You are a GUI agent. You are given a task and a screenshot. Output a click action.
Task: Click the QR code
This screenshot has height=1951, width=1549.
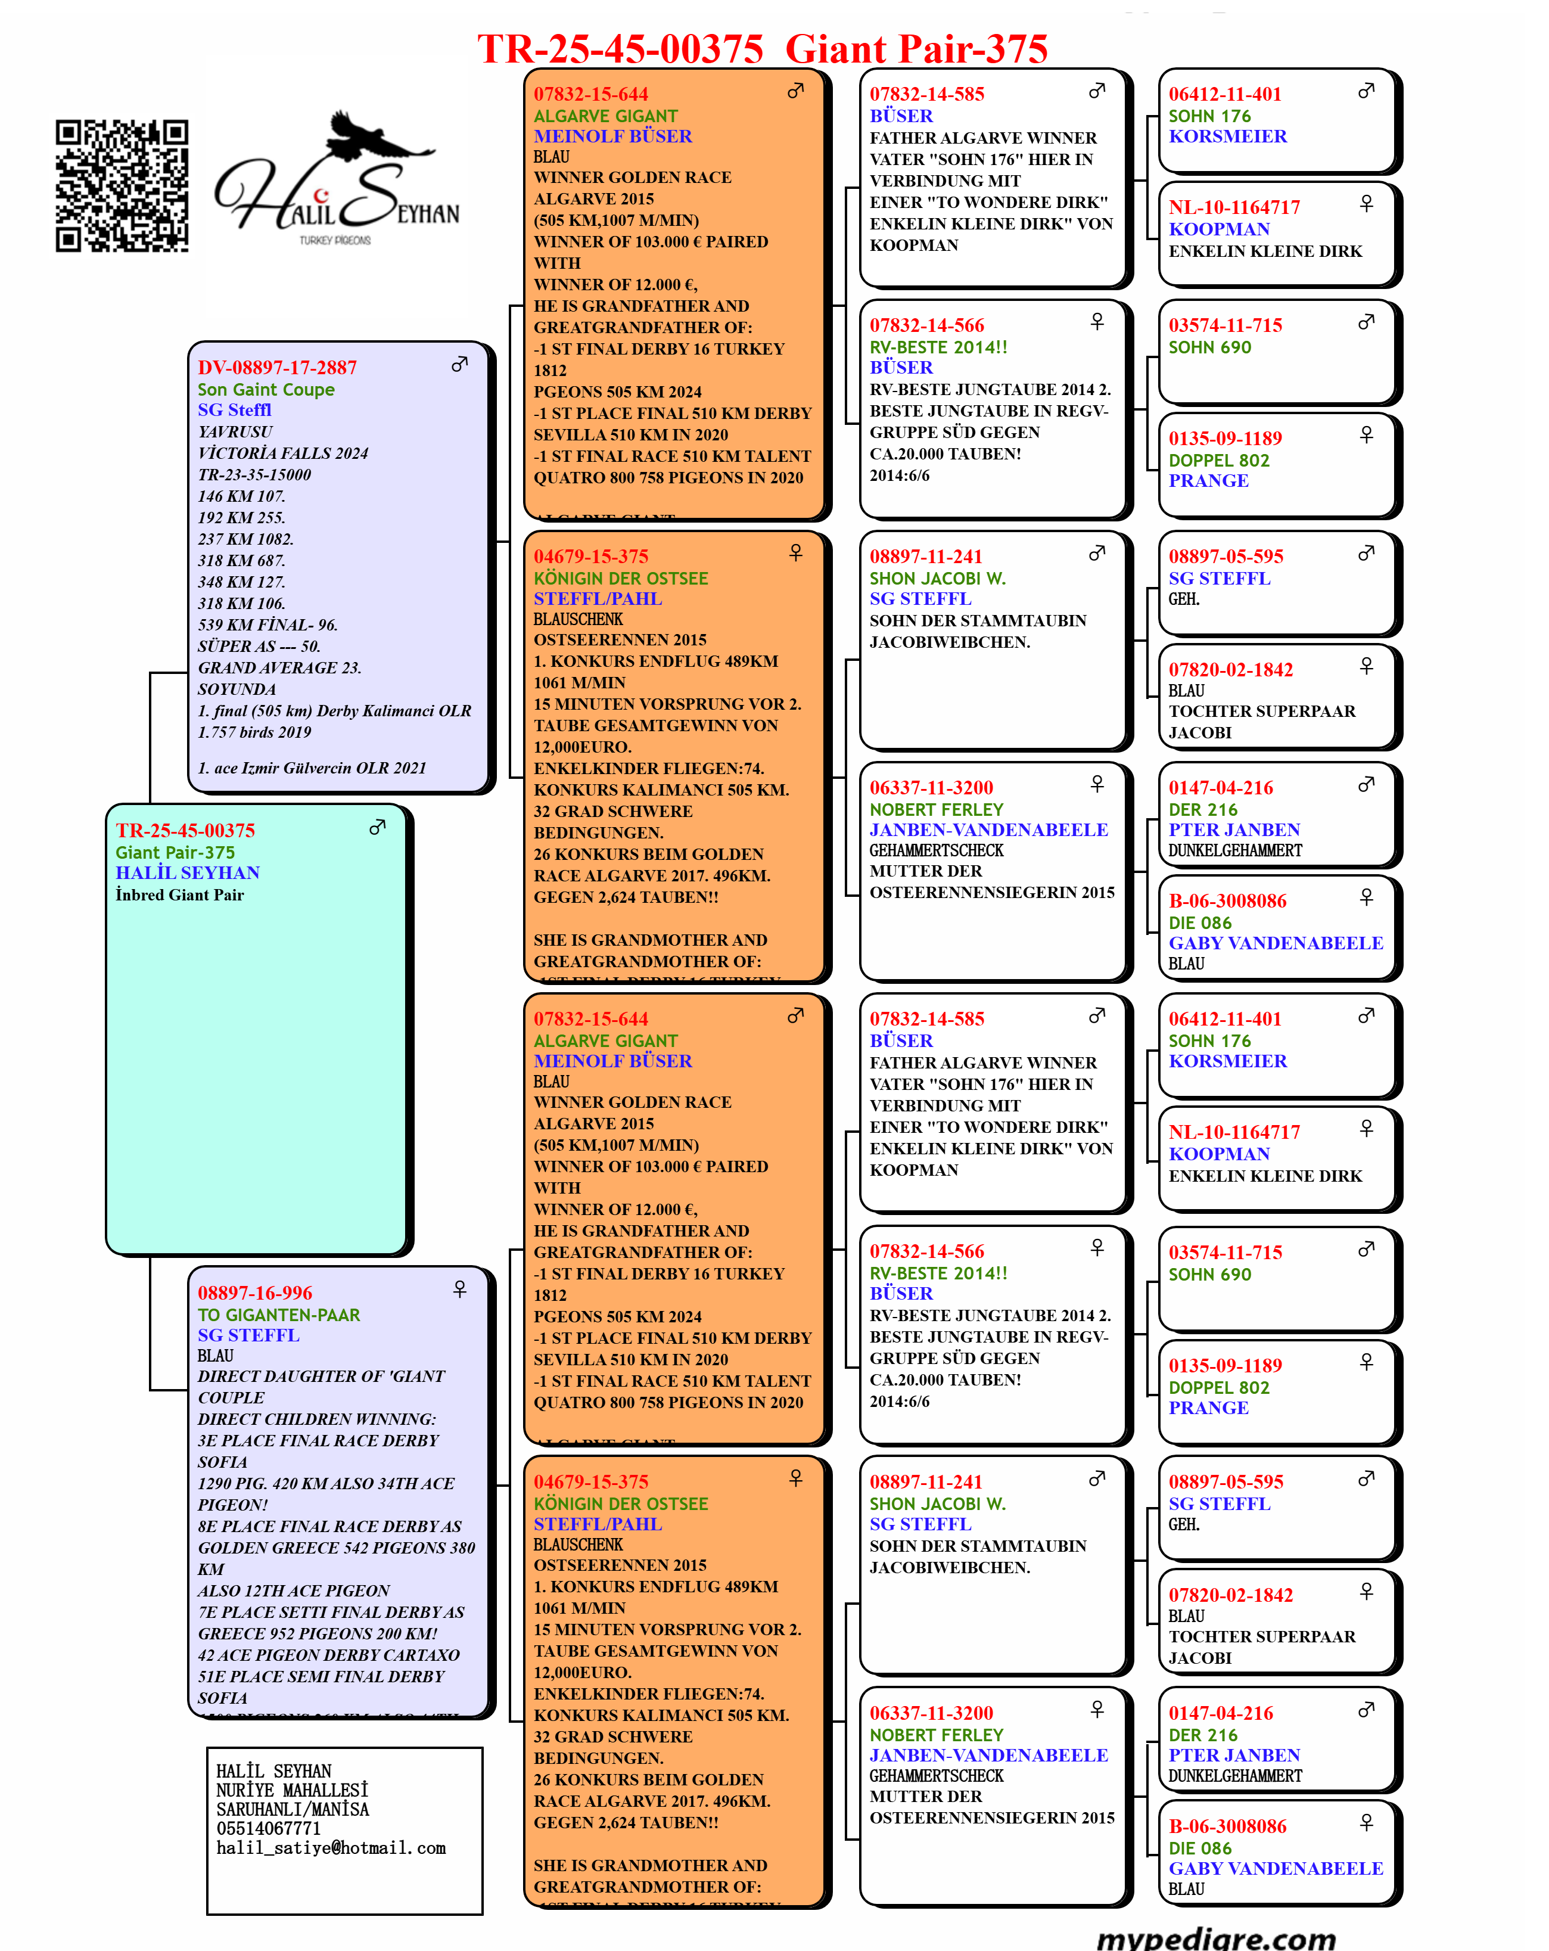122,185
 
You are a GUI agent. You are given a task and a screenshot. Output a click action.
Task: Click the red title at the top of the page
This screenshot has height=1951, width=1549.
762,49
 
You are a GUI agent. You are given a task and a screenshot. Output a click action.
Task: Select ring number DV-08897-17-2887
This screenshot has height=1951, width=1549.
277,368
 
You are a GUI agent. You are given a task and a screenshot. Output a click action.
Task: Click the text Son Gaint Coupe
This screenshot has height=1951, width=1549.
266,389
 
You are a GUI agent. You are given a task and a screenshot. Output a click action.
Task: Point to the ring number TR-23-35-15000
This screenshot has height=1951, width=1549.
254,474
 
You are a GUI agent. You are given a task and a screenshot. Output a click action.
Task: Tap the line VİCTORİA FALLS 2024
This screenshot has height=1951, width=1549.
282,452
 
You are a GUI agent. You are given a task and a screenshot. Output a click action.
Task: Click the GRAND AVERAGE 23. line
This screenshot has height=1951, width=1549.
279,668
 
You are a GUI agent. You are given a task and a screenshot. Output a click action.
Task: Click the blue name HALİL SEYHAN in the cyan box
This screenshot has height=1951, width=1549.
187,872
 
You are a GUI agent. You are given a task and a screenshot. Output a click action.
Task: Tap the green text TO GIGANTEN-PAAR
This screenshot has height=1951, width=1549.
279,1315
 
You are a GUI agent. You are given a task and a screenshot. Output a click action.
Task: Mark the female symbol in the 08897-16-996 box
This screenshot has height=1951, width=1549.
459,1288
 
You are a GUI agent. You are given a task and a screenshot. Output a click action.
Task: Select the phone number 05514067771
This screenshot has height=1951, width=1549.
268,1828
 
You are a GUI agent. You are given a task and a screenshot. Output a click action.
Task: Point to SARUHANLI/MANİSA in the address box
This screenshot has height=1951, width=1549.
293,1809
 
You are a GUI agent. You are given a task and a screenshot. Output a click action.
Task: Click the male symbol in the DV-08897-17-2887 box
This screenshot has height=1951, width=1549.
459,364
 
